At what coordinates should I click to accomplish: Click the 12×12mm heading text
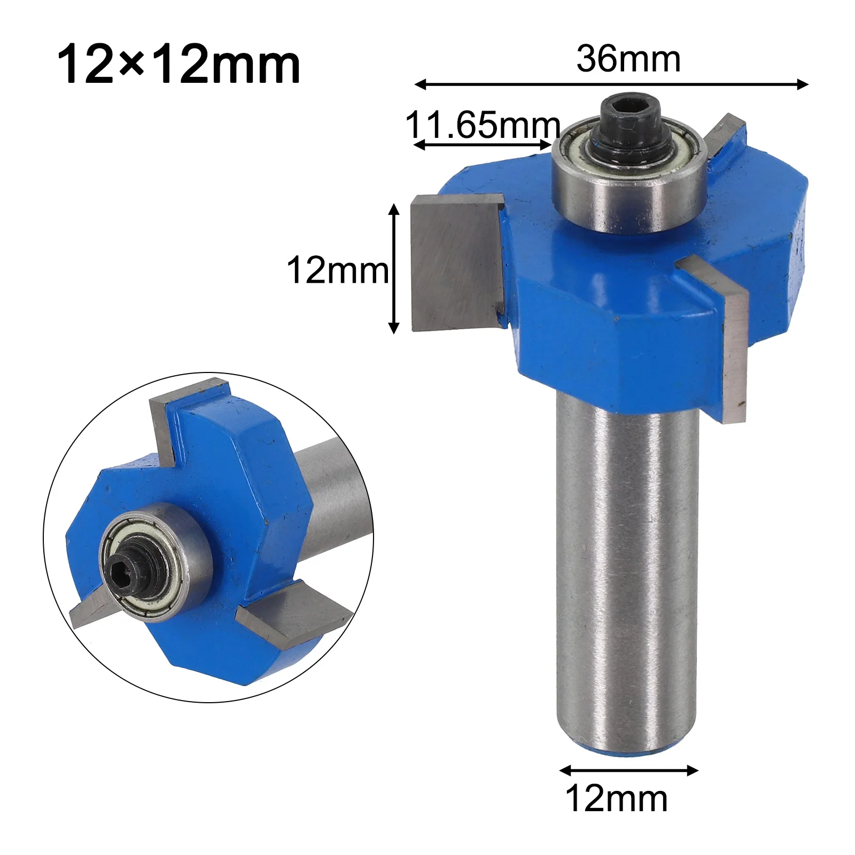tap(178, 65)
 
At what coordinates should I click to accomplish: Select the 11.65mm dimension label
tap(483, 126)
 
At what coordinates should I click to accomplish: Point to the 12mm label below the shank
tap(616, 799)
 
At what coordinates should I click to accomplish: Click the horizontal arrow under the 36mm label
tap(611, 84)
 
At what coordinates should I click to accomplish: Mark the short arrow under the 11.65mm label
tap(483, 145)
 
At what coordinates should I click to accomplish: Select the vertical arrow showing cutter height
tap(394, 269)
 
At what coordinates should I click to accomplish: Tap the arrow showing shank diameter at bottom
tap(628, 770)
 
